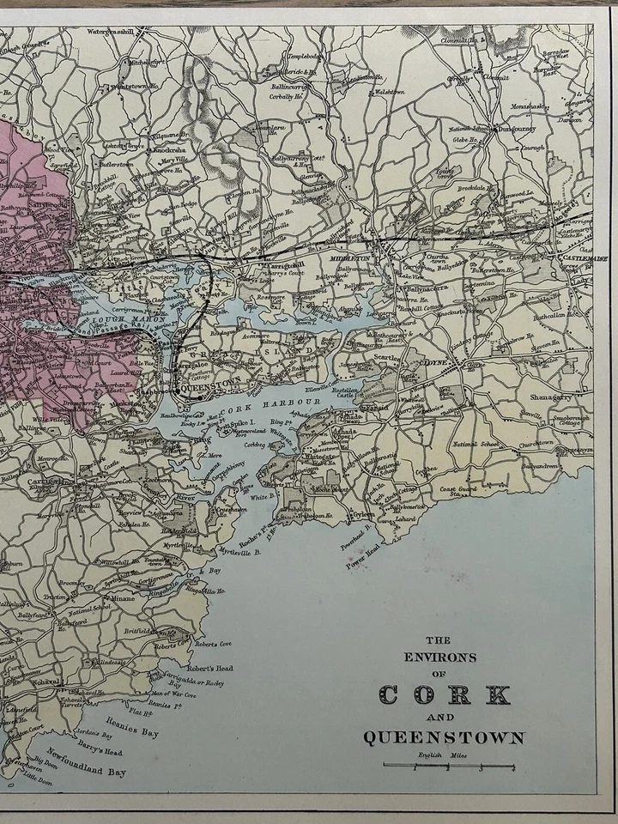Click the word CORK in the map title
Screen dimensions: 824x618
click(x=445, y=694)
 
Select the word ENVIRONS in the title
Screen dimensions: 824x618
click(x=439, y=658)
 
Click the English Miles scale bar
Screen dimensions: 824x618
click(x=448, y=766)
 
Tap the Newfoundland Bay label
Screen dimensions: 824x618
click(x=86, y=763)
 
